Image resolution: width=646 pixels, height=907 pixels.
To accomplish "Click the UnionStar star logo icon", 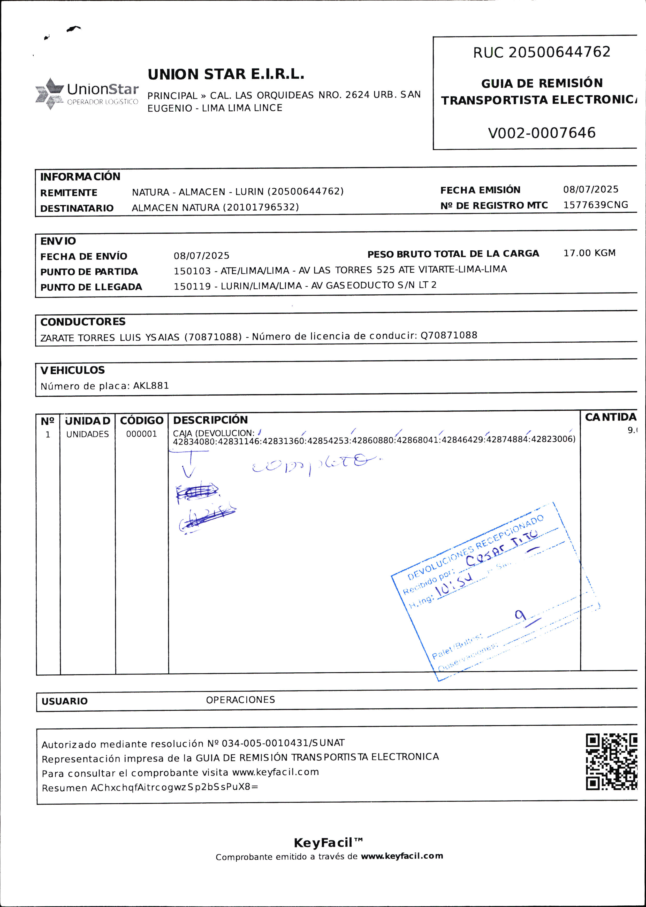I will coord(50,94).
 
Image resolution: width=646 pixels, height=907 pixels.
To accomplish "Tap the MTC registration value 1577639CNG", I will coord(596,205).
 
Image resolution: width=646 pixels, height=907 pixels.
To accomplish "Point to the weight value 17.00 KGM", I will coord(589,253).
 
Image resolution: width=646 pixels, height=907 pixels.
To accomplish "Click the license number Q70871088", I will coord(449,335).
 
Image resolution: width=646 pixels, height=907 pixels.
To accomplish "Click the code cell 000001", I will coord(142,434).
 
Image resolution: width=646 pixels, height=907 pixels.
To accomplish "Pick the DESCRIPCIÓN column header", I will coord(210,420).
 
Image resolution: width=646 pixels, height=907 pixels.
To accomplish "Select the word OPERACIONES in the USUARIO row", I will coord(240,700).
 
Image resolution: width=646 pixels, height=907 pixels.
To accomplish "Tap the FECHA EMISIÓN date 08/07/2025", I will coord(591,189).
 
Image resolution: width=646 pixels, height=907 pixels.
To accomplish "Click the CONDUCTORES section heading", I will coord(83,322).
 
